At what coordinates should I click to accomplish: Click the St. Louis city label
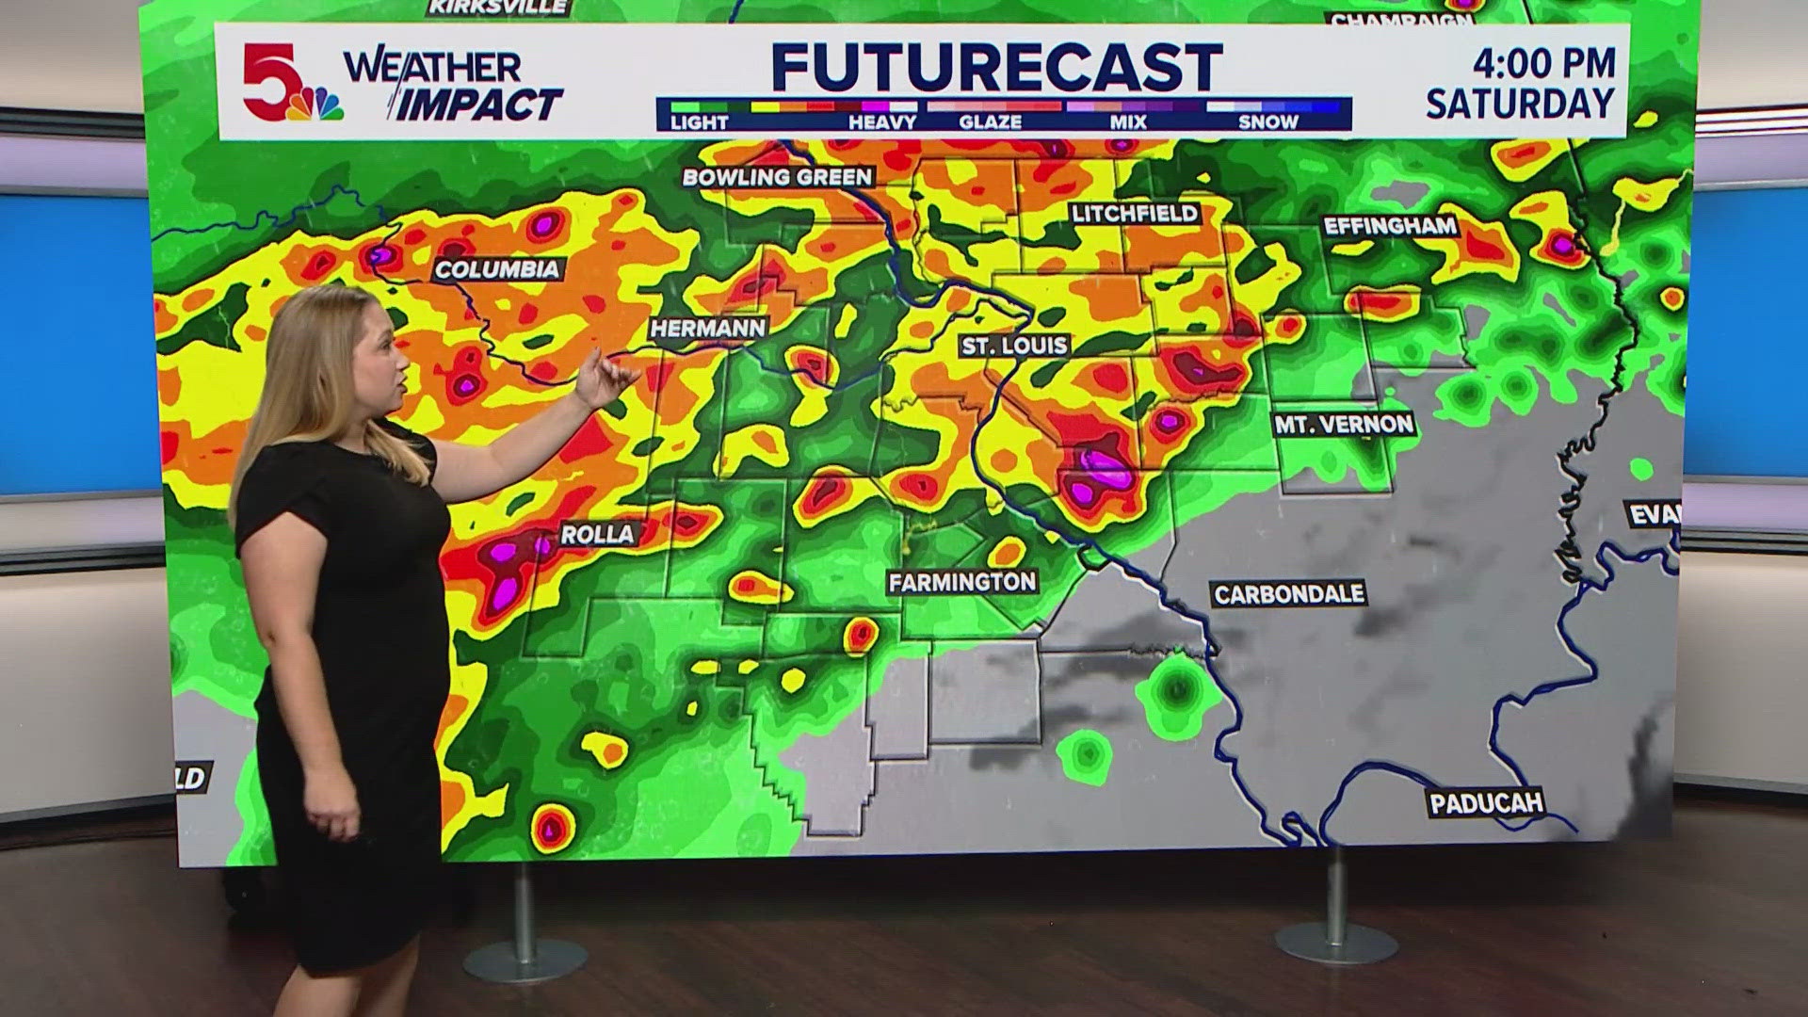click(1014, 346)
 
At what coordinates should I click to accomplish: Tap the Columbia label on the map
click(497, 269)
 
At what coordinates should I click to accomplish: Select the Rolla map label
click(597, 534)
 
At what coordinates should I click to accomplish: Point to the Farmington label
click(961, 582)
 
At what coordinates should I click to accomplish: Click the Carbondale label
click(1288, 594)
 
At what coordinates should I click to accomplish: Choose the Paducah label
click(1486, 803)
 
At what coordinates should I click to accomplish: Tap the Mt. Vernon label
click(1344, 425)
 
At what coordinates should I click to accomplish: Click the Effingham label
click(1390, 226)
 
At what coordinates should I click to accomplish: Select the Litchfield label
click(1135, 214)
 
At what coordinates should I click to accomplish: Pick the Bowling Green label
click(777, 177)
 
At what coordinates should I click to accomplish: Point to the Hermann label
click(708, 328)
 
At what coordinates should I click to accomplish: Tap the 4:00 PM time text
click(1543, 63)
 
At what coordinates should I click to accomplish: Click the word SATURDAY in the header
click(1520, 104)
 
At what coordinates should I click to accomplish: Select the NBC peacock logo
click(315, 105)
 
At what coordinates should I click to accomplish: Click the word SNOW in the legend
click(1267, 122)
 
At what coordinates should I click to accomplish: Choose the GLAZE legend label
click(990, 122)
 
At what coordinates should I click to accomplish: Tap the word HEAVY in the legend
click(881, 122)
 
